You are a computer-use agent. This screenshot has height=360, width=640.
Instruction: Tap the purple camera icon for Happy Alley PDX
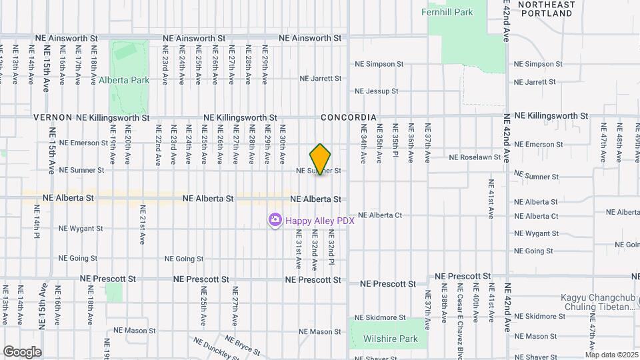(275, 220)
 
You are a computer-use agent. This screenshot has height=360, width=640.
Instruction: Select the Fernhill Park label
(447, 12)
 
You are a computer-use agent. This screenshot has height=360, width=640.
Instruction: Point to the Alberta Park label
(121, 80)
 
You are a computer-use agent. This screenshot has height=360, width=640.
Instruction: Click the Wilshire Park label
(391, 339)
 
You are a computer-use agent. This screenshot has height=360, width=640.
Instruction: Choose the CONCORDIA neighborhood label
(349, 117)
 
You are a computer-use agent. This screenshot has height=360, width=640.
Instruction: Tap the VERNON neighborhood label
(53, 117)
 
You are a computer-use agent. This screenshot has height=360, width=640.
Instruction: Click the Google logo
(22, 351)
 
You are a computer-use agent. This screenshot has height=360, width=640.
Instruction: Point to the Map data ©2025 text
(611, 355)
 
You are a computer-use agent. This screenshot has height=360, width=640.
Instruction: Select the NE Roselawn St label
(475, 157)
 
